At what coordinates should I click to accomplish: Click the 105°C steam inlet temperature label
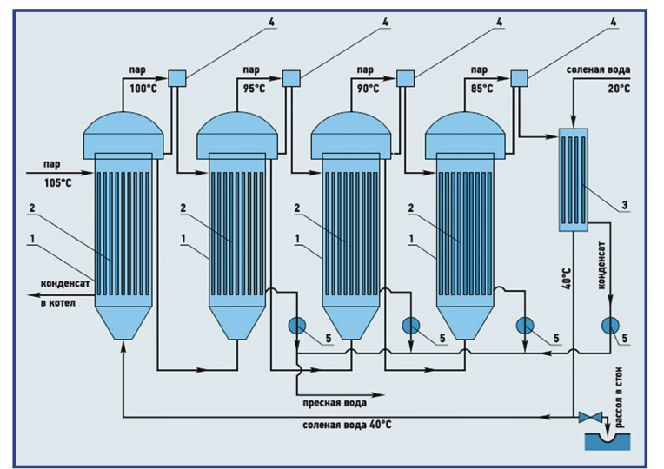pos(59,183)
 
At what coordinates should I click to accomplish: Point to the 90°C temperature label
pos(367,89)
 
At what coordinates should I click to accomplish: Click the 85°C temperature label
pos(481,89)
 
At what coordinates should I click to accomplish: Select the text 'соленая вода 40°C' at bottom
pos(345,426)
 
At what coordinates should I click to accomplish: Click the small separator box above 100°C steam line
pos(177,78)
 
